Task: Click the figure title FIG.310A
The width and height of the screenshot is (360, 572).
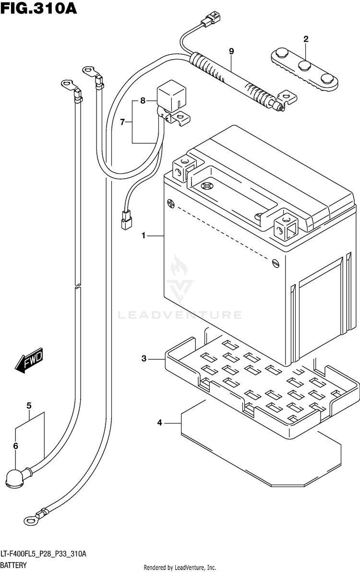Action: click(38, 8)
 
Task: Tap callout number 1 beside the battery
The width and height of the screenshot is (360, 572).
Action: click(144, 236)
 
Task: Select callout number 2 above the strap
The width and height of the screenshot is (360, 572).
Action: click(306, 39)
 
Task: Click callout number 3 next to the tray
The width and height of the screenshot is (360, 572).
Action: click(144, 359)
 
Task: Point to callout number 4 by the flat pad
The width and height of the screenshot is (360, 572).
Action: click(159, 423)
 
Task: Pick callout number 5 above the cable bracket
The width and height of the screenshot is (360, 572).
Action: click(29, 405)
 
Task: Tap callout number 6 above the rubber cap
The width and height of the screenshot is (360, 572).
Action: click(15, 445)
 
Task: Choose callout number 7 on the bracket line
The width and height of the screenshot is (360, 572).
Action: click(122, 122)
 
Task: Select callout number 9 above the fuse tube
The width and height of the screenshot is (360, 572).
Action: click(231, 51)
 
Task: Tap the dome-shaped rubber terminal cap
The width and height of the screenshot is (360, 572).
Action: click(14, 477)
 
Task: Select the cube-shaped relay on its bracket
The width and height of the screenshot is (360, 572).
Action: click(170, 97)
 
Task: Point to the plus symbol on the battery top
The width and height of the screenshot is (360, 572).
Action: click(207, 186)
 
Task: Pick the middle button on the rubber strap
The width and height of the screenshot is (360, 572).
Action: click(304, 66)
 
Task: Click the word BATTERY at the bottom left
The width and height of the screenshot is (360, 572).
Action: click(13, 565)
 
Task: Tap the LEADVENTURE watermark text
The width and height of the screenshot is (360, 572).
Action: click(180, 315)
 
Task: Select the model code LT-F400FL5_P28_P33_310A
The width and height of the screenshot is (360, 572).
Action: click(43, 554)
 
